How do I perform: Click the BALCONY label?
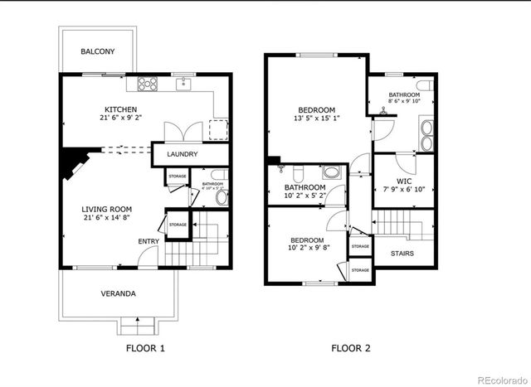(x=97, y=51)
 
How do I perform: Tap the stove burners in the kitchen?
(x=148, y=83)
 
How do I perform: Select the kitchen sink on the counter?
(x=183, y=83)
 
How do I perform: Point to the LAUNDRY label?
(x=182, y=155)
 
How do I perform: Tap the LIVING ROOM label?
(x=106, y=209)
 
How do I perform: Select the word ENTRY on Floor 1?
(x=149, y=242)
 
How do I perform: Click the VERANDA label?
(x=119, y=294)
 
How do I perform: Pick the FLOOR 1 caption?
(x=145, y=348)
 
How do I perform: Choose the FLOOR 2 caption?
(x=352, y=348)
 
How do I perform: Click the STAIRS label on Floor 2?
(x=403, y=253)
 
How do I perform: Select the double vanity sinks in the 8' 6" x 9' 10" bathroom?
(x=426, y=136)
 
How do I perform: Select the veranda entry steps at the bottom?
(x=132, y=323)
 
